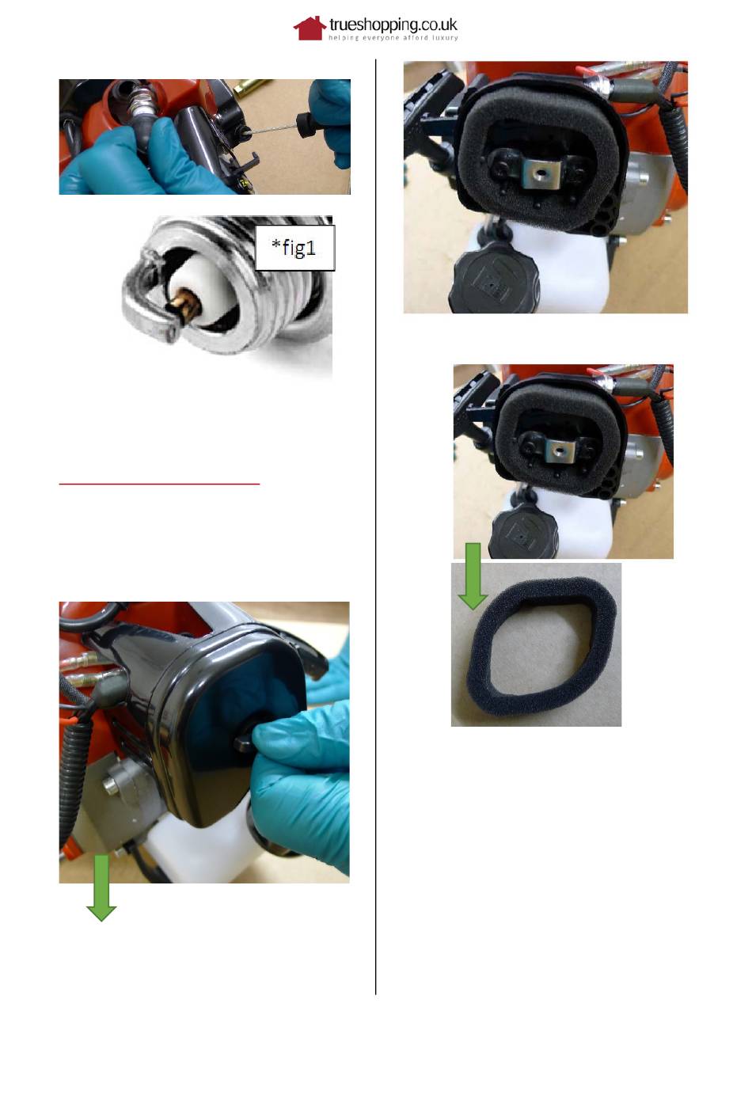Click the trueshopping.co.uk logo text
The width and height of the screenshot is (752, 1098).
[393, 25]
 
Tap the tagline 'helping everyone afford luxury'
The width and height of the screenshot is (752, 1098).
[393, 38]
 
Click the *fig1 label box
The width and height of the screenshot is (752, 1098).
[295, 248]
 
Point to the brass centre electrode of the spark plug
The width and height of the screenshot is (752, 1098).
[186, 308]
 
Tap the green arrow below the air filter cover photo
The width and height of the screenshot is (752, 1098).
[101, 888]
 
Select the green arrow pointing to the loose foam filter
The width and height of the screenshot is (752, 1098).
[473, 576]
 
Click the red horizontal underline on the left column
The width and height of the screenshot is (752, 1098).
[159, 484]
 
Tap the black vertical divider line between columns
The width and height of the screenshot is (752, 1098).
[375, 527]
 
